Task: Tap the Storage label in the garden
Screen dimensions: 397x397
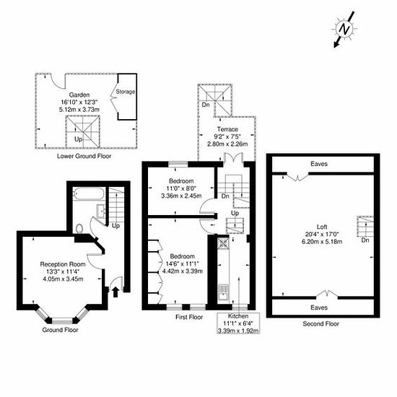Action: (x=126, y=92)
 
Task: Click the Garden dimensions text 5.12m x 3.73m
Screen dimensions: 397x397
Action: (x=79, y=110)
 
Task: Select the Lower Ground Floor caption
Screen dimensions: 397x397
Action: (x=84, y=156)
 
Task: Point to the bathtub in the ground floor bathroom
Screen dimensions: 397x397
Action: (x=88, y=194)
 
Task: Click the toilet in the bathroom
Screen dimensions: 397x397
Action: (x=79, y=228)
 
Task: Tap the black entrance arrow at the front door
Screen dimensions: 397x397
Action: (x=115, y=292)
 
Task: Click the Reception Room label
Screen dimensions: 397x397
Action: (x=63, y=264)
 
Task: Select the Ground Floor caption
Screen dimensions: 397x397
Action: (x=60, y=330)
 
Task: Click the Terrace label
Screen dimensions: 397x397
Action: (x=227, y=129)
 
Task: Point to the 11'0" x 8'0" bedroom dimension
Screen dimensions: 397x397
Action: (x=181, y=188)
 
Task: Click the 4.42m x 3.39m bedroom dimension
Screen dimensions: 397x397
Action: (x=183, y=271)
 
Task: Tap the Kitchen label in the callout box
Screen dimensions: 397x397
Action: (x=238, y=316)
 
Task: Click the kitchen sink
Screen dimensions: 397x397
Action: (x=223, y=292)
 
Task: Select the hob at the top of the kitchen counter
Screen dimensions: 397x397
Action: (x=223, y=243)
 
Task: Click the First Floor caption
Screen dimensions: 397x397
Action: (x=189, y=317)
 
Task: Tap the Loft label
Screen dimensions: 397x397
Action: (x=322, y=227)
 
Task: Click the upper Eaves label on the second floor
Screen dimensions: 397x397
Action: (x=319, y=164)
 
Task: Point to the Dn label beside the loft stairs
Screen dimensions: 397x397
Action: (x=365, y=240)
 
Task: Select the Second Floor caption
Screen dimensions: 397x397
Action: (x=320, y=323)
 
